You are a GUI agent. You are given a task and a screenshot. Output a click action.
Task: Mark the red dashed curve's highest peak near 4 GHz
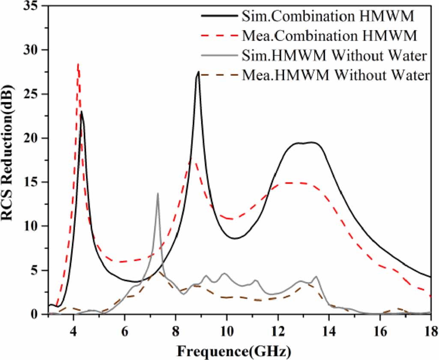click(x=78, y=64)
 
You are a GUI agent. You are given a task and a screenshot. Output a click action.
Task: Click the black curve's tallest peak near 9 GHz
click(x=198, y=72)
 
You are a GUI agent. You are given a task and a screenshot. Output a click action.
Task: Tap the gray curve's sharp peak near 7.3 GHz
click(x=158, y=193)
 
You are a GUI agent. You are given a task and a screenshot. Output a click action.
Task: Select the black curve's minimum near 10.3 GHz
click(x=235, y=238)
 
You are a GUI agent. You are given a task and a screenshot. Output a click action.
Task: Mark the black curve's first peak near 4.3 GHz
click(x=81, y=112)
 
